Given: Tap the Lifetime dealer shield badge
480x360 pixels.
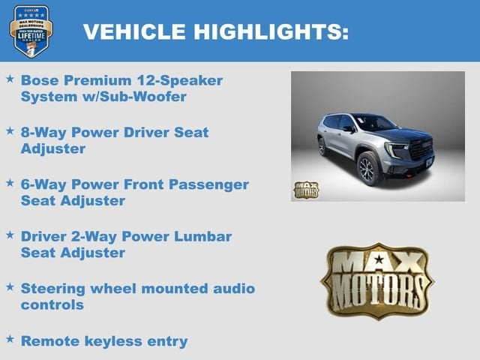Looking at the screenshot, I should (x=31, y=31).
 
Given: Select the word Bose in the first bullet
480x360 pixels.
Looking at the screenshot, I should (x=40, y=79).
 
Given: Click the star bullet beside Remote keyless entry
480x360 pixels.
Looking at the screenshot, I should (x=10, y=340).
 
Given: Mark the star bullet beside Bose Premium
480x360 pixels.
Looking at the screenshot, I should (x=10, y=78).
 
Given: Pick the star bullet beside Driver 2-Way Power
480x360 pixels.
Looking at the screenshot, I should (x=10, y=235).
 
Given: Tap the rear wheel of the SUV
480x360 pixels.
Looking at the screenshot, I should (x=323, y=147).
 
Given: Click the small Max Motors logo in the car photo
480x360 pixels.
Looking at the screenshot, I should (x=306, y=189).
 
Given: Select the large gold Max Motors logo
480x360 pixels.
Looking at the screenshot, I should (x=377, y=280).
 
